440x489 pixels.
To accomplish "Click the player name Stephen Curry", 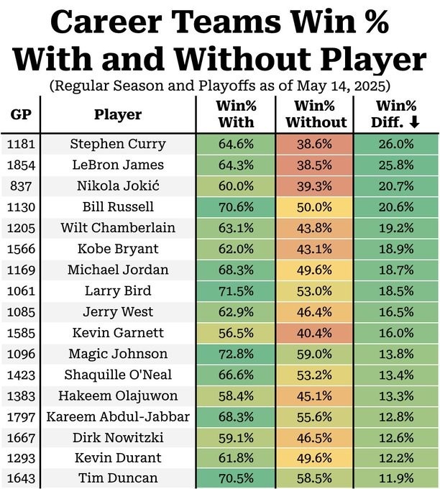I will (117, 144).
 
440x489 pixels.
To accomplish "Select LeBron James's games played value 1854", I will (20, 165).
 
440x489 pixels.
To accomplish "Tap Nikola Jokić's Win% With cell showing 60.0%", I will (236, 186).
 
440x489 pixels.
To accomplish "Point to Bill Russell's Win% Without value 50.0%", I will (315, 207).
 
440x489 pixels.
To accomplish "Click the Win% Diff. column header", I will (395, 114).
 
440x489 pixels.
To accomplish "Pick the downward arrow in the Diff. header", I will (414, 122).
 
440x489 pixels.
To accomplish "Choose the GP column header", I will (20, 114).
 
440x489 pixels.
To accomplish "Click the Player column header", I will (117, 114).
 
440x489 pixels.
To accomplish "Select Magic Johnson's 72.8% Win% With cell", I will (236, 354).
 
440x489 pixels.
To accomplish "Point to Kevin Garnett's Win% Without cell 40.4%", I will (315, 333).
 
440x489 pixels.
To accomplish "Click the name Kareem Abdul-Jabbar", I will (117, 416).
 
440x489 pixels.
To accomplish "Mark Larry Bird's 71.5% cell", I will (236, 291).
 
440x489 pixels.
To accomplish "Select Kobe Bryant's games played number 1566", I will (20, 249).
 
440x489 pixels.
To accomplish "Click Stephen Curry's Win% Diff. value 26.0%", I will (395, 144).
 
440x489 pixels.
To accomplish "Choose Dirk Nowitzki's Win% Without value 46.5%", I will (315, 438).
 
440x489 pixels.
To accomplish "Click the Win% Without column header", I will (315, 114).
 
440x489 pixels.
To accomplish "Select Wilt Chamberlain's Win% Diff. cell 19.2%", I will (395, 228).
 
